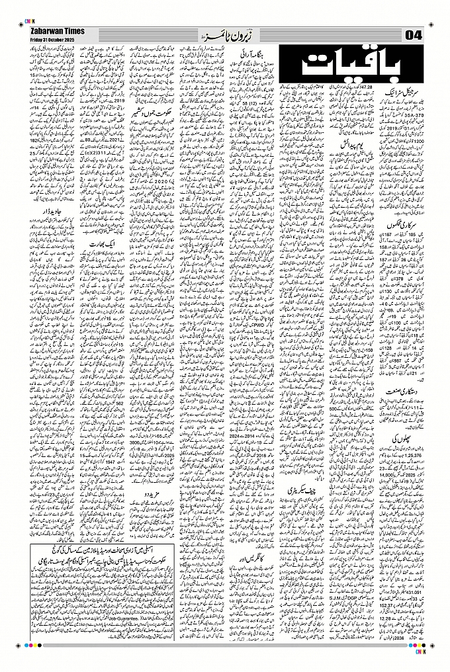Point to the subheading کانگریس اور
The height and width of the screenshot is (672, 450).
pos(248,561)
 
